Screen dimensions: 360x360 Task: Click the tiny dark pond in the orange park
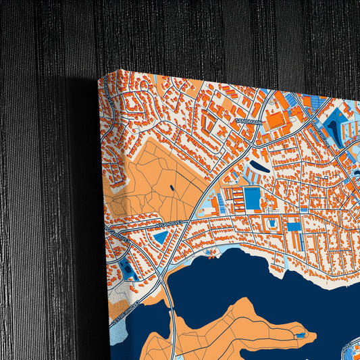click(x=172, y=188)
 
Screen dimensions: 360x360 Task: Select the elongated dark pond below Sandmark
click(x=259, y=165)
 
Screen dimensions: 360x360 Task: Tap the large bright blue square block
click(x=251, y=198)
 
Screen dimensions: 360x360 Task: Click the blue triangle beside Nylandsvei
click(x=161, y=237)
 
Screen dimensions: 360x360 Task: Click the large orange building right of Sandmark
click(x=276, y=120)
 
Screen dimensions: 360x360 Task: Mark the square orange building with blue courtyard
click(x=272, y=222)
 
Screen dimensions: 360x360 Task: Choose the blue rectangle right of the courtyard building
click(x=294, y=226)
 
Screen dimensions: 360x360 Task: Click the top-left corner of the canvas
click(x=99, y=76)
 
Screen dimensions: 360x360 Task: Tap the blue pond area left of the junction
click(x=128, y=271)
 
